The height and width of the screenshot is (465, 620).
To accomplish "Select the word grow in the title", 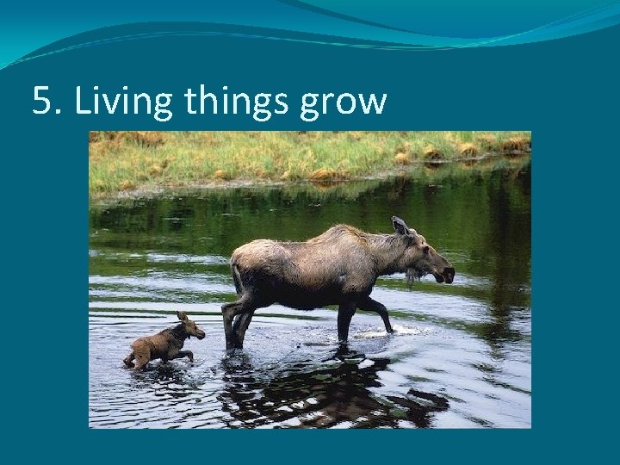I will point(344,104).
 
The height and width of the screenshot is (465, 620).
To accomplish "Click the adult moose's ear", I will point(400,226).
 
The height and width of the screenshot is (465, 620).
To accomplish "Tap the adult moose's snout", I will point(446,274).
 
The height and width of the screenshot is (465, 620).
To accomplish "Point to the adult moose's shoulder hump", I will point(344,234).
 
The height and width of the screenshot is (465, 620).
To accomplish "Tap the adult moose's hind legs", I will point(237,323).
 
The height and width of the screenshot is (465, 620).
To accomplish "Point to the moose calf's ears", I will point(182,316).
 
